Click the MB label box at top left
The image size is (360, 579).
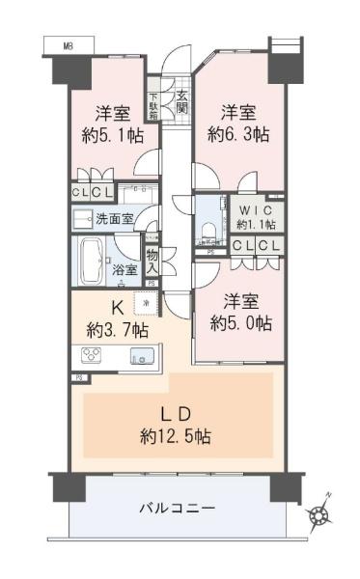[x=69, y=45]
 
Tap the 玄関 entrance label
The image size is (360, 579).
[x=182, y=102]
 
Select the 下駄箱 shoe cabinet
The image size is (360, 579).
[x=153, y=106]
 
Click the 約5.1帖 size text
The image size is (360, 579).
[x=113, y=137]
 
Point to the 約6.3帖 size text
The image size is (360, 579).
[x=238, y=134]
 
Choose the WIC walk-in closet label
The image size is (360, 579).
[x=256, y=210]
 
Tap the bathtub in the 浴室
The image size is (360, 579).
[x=91, y=262]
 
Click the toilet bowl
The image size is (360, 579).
[x=209, y=232]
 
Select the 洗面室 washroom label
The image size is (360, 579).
[x=114, y=219]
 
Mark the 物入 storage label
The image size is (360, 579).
[x=152, y=262]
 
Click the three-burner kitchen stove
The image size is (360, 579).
[x=91, y=355]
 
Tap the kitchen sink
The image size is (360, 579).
[x=142, y=356]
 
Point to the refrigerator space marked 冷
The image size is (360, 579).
[x=146, y=304]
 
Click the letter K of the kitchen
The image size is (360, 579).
[x=118, y=307]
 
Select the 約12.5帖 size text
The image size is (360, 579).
[x=176, y=437]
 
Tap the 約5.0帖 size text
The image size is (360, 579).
[x=240, y=323]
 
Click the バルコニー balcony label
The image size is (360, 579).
[x=177, y=509]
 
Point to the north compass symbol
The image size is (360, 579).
[x=318, y=513]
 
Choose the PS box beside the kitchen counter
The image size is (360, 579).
[x=79, y=378]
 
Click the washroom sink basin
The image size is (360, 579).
[x=83, y=220]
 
